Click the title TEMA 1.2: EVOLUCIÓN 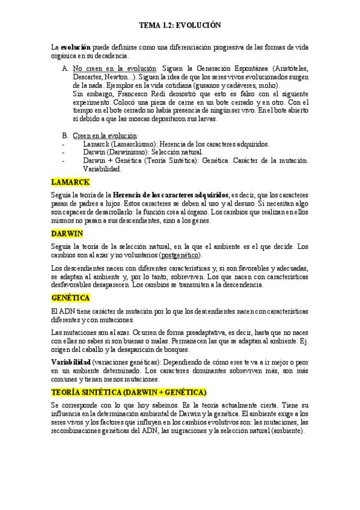tap(180, 25)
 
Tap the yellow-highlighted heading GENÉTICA tap(71, 298)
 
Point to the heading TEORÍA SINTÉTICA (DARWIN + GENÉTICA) tap(129, 392)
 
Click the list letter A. tap(65, 69)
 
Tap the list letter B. tap(65, 136)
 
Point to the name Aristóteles tap(288, 69)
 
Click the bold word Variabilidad tap(71, 363)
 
